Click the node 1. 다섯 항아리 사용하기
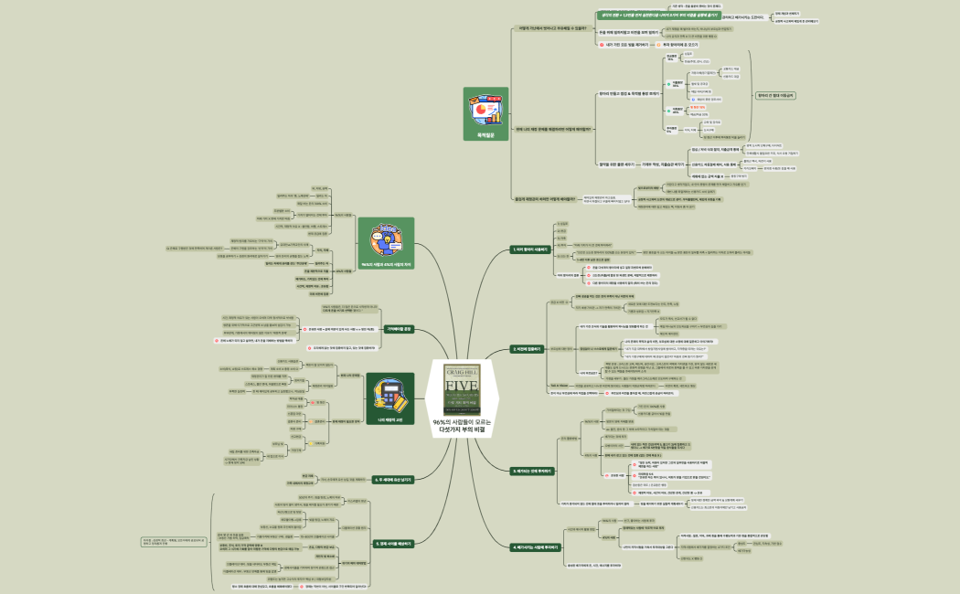click(x=531, y=249)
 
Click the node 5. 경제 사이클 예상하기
click(x=393, y=543)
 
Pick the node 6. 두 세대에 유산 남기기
click(x=393, y=479)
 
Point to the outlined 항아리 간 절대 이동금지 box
click(x=775, y=95)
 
